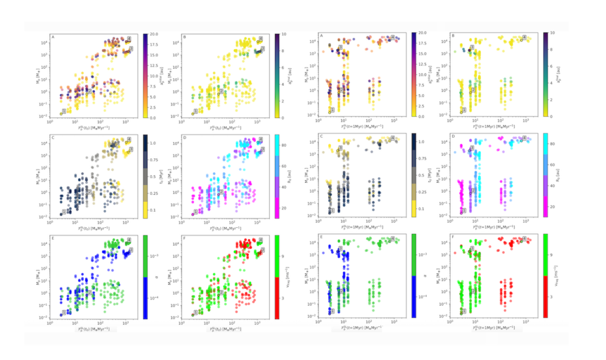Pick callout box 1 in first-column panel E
pyautogui.click(x=64, y=312)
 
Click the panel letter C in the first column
pyautogui.click(x=53, y=138)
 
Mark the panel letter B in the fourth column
pyautogui.click(x=453, y=36)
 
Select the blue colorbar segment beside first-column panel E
pyautogui.click(x=146, y=298)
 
